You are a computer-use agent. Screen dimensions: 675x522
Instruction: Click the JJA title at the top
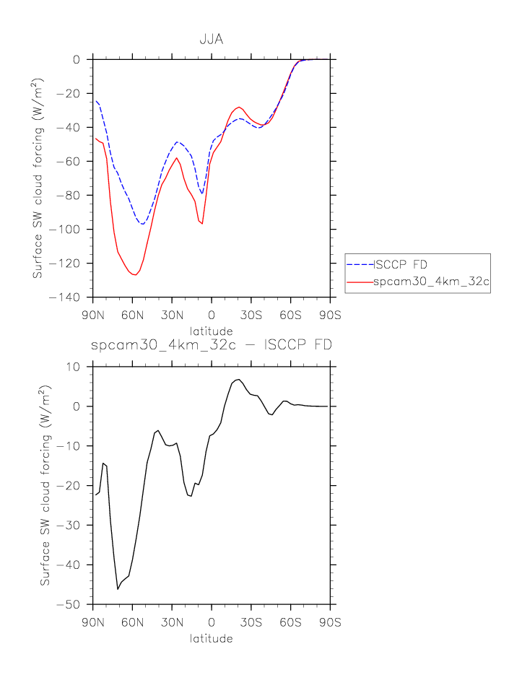(211, 40)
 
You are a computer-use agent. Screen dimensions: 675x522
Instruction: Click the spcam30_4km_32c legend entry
(431, 283)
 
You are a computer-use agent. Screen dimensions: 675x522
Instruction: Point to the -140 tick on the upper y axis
(72, 297)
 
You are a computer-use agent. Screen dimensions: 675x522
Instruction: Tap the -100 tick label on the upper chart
(72, 230)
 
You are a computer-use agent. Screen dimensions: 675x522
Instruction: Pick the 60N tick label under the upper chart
(132, 315)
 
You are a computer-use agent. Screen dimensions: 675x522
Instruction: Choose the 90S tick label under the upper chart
(331, 315)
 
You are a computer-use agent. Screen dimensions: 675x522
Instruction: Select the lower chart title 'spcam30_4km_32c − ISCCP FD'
(212, 345)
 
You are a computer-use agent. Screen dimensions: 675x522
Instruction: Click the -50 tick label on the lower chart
(75, 604)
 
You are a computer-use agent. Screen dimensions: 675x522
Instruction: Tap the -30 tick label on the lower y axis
(75, 525)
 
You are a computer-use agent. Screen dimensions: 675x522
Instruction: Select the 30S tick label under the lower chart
(251, 622)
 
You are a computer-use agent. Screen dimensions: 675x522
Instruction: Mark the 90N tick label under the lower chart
(92, 622)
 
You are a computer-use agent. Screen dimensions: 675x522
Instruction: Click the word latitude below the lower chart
(211, 638)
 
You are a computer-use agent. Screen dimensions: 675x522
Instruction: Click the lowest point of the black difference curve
(118, 589)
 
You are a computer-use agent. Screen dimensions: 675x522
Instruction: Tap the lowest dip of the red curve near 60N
(135, 275)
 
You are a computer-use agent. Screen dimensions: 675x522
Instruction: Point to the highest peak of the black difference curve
(238, 379)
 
